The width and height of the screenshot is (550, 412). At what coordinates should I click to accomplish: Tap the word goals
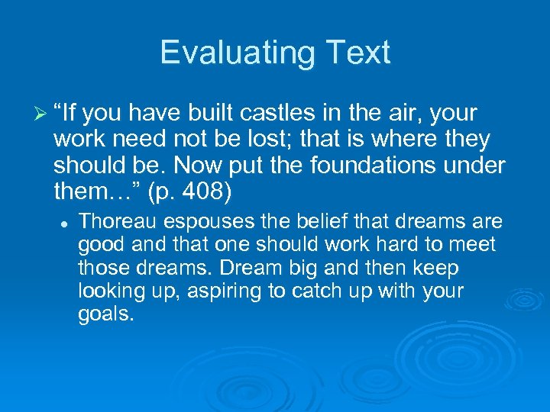[106, 314]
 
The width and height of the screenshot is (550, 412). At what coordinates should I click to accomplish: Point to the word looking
[112, 291]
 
